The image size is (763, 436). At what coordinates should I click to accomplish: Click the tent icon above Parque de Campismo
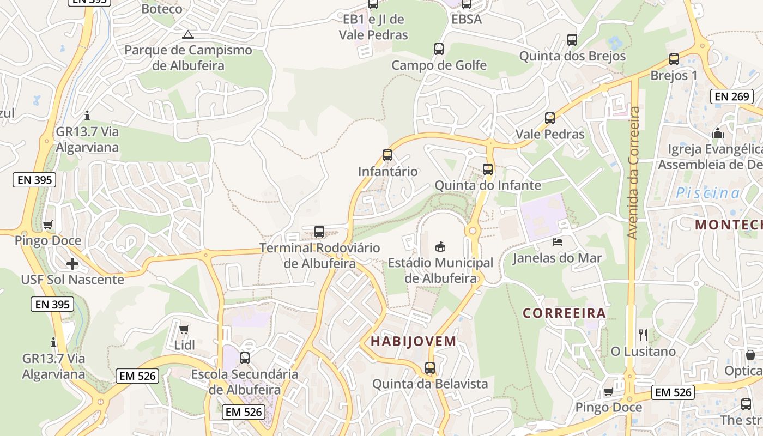[188, 35]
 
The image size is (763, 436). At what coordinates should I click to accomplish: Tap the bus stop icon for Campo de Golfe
[439, 49]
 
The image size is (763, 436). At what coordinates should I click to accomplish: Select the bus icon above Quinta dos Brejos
[572, 40]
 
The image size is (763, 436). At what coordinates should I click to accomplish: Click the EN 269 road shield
[732, 96]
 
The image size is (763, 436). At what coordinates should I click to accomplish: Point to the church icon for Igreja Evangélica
[717, 133]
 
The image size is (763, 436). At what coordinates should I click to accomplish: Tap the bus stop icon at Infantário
[387, 155]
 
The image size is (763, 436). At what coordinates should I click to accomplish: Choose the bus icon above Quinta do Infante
[488, 169]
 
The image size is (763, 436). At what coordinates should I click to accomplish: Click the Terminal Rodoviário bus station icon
[319, 232]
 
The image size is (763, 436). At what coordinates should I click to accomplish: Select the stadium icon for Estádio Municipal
[440, 246]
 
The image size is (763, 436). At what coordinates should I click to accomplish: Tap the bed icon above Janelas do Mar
[557, 241]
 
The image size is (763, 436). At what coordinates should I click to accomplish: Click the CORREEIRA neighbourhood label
[564, 313]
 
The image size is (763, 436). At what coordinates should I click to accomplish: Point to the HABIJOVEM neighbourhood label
[413, 342]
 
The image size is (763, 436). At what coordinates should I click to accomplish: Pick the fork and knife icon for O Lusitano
[643, 335]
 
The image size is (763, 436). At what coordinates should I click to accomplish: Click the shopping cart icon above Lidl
[184, 329]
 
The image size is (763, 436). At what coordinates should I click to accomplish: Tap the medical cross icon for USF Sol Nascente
[72, 264]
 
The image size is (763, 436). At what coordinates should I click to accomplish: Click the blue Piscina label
[708, 193]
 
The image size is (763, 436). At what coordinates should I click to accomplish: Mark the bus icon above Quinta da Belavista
[430, 368]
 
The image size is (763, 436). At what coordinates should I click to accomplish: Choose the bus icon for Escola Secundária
[245, 358]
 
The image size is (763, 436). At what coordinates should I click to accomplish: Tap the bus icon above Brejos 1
[674, 59]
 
